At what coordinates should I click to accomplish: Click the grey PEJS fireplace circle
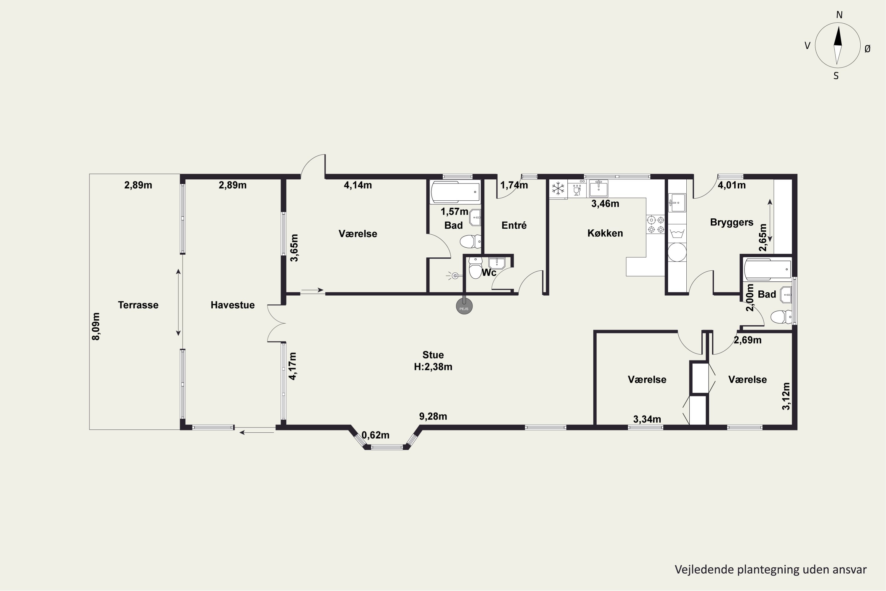pos(464,306)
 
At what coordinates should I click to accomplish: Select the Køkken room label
pos(605,233)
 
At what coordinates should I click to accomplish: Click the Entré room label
pos(514,225)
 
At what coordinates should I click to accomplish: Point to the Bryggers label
pos(732,223)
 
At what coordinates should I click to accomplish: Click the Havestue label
pos(232,305)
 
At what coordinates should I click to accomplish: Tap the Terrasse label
pos(138,305)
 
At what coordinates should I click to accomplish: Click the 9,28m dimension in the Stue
pos(433,416)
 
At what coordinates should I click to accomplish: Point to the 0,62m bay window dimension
pos(376,435)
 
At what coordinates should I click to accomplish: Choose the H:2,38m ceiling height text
pos(433,367)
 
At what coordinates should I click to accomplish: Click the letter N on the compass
pos(839,15)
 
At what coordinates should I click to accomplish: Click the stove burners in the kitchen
pos(655,224)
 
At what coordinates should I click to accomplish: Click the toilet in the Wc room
pos(475,268)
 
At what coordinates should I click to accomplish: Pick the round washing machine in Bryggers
pos(677,252)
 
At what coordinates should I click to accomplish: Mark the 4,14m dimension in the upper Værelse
pos(358,185)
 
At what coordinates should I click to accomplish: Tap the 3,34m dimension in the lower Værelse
pos(647,419)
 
